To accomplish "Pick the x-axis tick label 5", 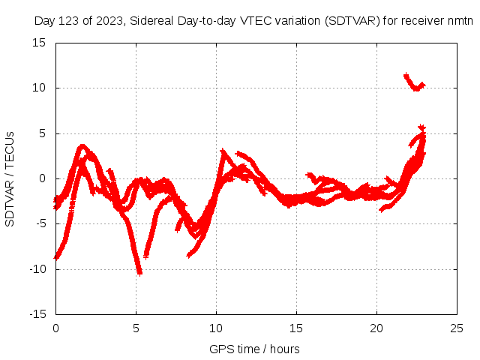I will [x=136, y=328].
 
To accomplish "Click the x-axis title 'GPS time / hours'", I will [x=255, y=349].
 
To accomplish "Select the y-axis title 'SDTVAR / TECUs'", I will [x=10, y=178].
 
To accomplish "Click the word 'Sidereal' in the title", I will [x=151, y=20].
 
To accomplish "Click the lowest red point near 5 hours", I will [x=139, y=273].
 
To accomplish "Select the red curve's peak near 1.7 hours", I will [x=83, y=147].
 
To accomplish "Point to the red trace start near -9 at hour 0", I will [x=56, y=256].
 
